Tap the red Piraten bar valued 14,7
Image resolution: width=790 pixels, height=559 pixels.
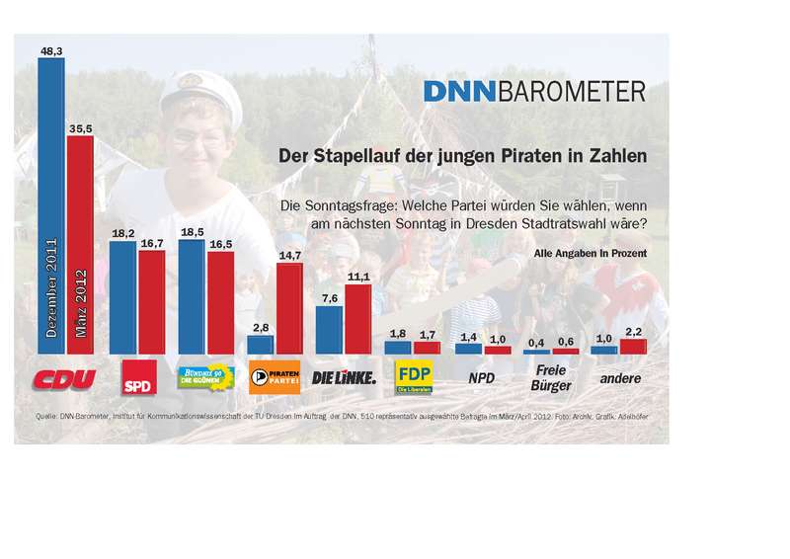tap(288, 307)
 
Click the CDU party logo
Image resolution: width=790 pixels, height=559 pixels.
tap(65, 377)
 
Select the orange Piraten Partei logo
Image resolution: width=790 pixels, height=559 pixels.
tap(275, 377)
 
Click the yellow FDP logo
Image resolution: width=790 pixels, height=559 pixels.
tap(413, 376)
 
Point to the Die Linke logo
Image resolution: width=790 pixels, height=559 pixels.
tap(344, 377)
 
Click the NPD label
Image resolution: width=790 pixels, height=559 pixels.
tap(483, 378)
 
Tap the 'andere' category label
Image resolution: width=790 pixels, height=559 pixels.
tap(620, 378)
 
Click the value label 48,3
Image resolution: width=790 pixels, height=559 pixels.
tap(52, 47)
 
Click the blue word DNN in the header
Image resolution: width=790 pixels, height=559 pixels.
tap(460, 92)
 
